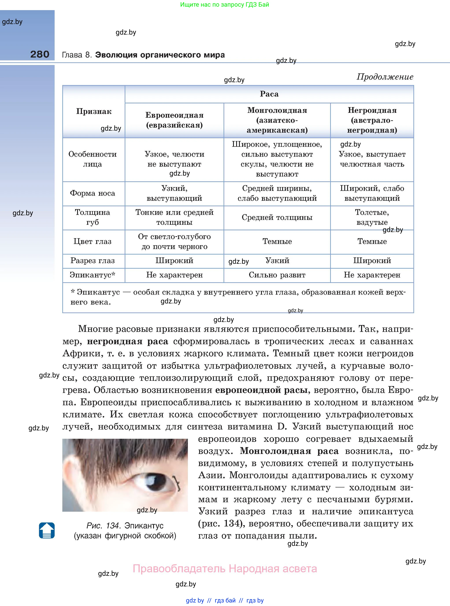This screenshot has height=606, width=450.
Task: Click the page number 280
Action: tap(40, 54)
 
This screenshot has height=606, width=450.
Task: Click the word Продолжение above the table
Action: tap(385, 77)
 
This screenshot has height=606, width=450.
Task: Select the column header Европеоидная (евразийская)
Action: tap(174, 120)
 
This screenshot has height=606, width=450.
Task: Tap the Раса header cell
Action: tap(269, 94)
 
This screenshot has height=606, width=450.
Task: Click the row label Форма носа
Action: tap(93, 193)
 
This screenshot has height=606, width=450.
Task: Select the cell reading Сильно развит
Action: tap(277, 275)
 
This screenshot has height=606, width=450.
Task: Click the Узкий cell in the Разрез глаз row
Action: tap(277, 260)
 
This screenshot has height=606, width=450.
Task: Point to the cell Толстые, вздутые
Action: tap(372, 217)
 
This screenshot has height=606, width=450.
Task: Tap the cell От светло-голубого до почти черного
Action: tap(174, 242)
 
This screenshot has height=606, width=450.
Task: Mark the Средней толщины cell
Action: tap(277, 217)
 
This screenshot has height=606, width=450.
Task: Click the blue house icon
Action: tap(47, 530)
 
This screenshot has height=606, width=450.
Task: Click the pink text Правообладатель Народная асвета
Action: tap(225, 569)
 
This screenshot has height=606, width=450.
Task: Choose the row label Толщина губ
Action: tap(93, 217)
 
